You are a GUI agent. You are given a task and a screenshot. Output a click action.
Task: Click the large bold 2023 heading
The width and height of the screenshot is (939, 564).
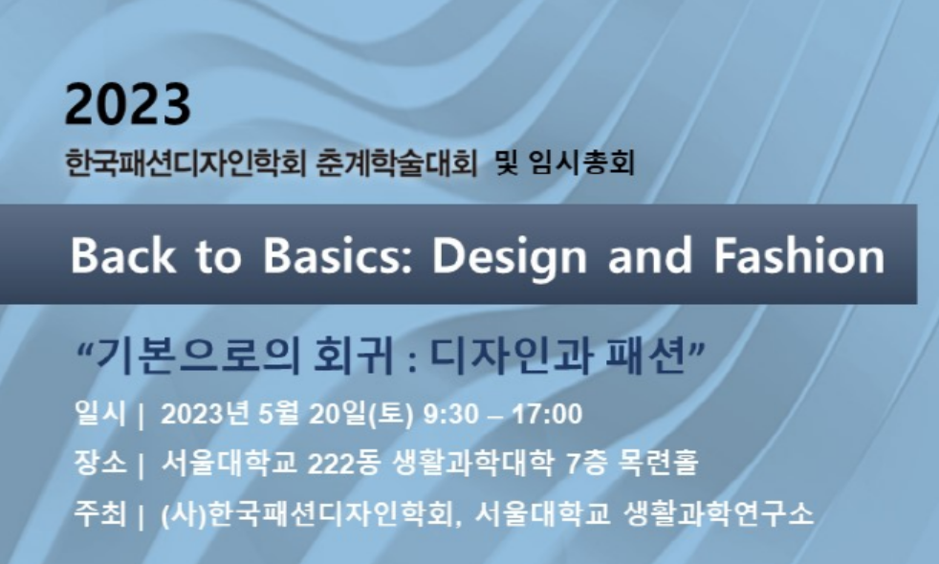(127, 104)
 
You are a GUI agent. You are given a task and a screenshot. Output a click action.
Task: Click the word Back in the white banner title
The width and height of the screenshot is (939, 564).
(123, 255)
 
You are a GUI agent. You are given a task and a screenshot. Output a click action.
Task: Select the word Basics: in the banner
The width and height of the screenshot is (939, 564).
(338, 255)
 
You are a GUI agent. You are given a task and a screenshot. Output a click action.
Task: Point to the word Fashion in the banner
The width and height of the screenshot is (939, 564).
(799, 255)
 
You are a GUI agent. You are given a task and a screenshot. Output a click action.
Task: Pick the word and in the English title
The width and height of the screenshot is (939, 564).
(650, 255)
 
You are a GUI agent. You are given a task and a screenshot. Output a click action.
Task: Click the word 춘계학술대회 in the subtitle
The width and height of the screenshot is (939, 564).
(396, 163)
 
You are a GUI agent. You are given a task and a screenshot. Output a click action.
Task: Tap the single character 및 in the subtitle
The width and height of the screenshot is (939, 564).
(507, 163)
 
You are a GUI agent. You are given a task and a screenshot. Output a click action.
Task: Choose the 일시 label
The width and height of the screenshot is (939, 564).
(100, 413)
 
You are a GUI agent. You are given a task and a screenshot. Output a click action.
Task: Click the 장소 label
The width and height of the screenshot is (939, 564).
(100, 463)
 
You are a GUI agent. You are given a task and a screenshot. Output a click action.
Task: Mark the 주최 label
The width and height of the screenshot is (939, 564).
(100, 513)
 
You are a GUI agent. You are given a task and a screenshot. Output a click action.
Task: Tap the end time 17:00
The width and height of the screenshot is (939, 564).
(548, 414)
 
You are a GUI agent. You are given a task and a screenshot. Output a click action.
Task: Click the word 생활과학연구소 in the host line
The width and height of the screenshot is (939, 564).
(718, 513)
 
